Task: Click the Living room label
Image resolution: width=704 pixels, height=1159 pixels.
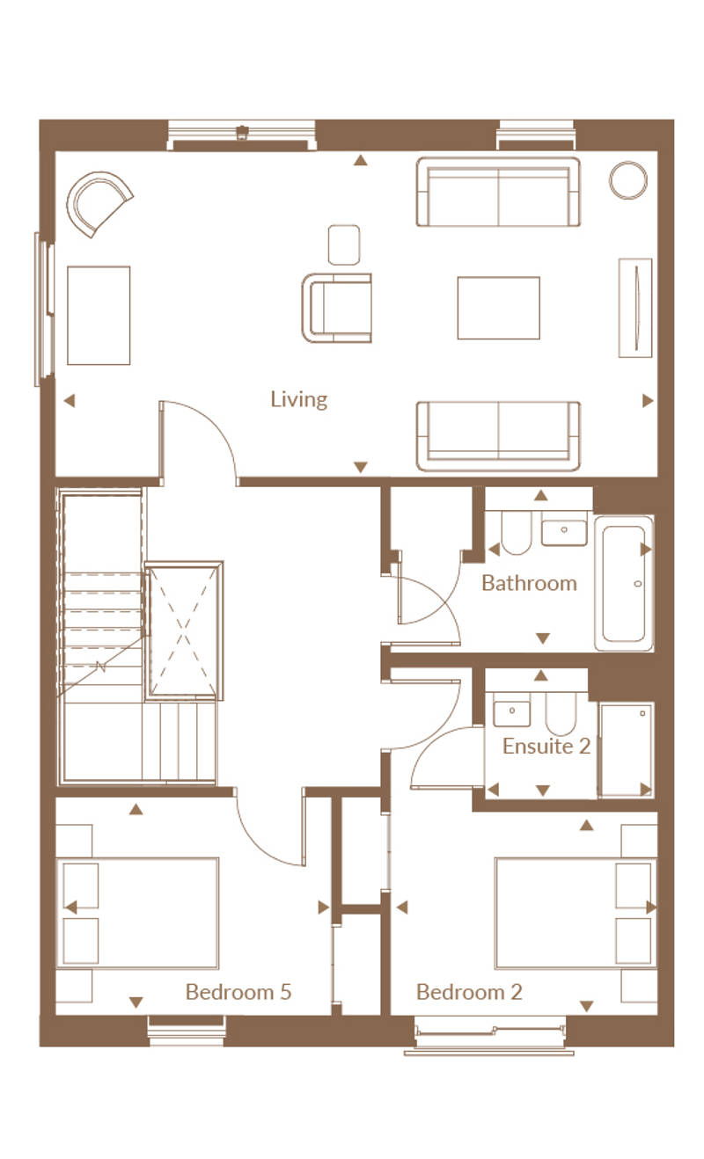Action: tap(298, 400)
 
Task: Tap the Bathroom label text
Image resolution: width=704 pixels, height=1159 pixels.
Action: tap(529, 583)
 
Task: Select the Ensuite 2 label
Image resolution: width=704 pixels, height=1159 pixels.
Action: tap(546, 746)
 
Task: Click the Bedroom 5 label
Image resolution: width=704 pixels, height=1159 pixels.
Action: tap(238, 992)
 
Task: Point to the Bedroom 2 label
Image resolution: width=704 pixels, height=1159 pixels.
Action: tap(469, 992)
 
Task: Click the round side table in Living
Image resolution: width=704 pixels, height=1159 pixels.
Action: tap(628, 180)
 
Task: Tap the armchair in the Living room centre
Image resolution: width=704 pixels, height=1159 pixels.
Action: tap(337, 308)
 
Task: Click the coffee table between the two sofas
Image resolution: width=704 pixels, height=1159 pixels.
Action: tap(498, 308)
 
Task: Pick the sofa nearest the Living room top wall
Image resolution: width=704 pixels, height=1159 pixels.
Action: tap(498, 192)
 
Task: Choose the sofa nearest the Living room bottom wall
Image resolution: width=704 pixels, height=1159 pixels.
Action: tap(498, 436)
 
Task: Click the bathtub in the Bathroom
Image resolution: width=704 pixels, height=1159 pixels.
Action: tap(624, 583)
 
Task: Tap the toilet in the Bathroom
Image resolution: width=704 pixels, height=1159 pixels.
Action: tap(516, 533)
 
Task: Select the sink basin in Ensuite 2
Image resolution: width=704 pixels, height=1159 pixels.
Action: tap(511, 711)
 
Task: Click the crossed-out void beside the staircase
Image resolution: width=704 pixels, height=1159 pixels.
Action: tap(183, 631)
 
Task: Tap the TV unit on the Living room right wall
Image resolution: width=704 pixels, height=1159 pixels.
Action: tap(635, 308)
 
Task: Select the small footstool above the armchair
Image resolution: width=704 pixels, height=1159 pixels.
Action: tap(344, 244)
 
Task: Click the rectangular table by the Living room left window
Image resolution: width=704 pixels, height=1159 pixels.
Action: tap(99, 316)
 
